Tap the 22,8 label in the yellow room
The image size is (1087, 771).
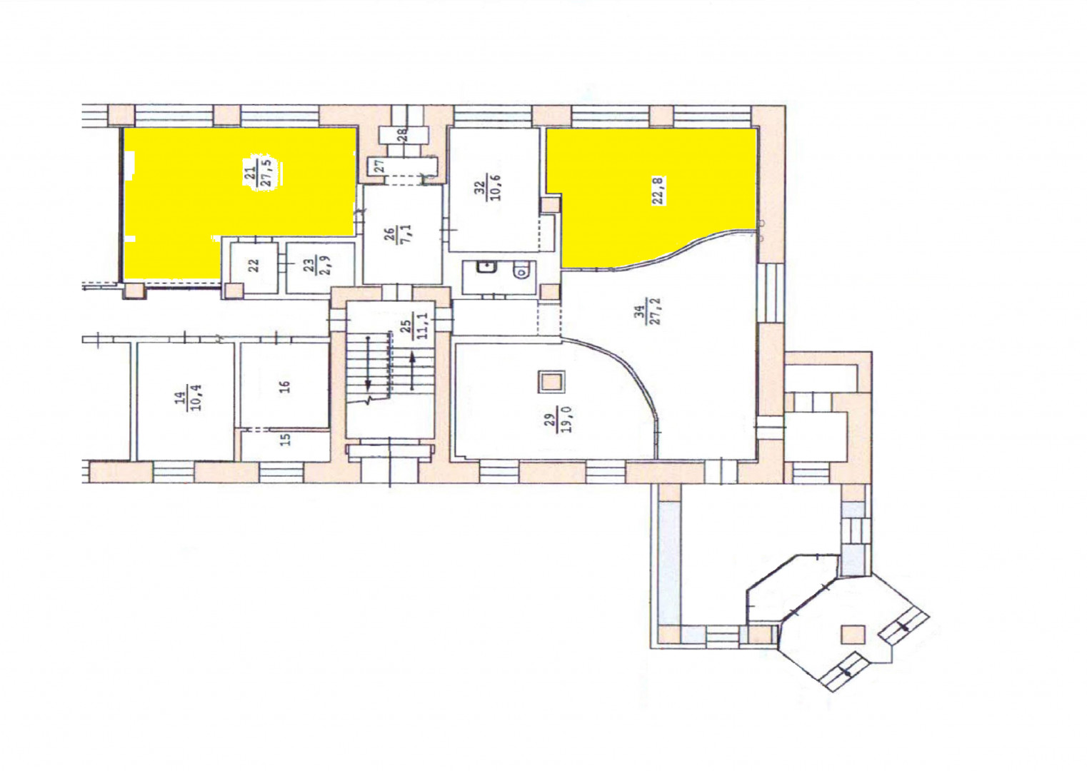(660, 191)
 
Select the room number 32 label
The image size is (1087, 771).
(479, 188)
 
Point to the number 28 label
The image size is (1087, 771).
(403, 135)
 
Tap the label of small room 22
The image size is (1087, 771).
(254, 265)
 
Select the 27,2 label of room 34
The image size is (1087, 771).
(658, 311)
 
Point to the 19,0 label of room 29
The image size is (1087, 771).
(567, 420)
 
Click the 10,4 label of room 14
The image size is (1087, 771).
(196, 398)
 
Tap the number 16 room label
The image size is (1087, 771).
(285, 387)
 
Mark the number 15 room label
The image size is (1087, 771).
(286, 440)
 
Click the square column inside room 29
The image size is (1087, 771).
(551, 382)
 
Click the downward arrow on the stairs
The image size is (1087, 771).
(369, 363)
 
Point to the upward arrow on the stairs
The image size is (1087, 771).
(412, 372)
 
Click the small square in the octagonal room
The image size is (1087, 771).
(853, 635)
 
